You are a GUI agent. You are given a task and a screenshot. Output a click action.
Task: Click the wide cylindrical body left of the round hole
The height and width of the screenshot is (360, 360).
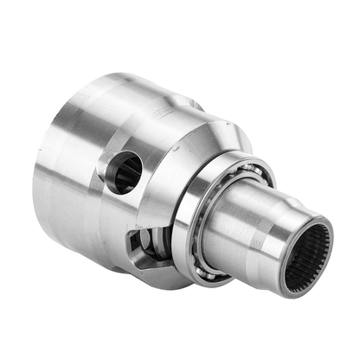click(x=74, y=173)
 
